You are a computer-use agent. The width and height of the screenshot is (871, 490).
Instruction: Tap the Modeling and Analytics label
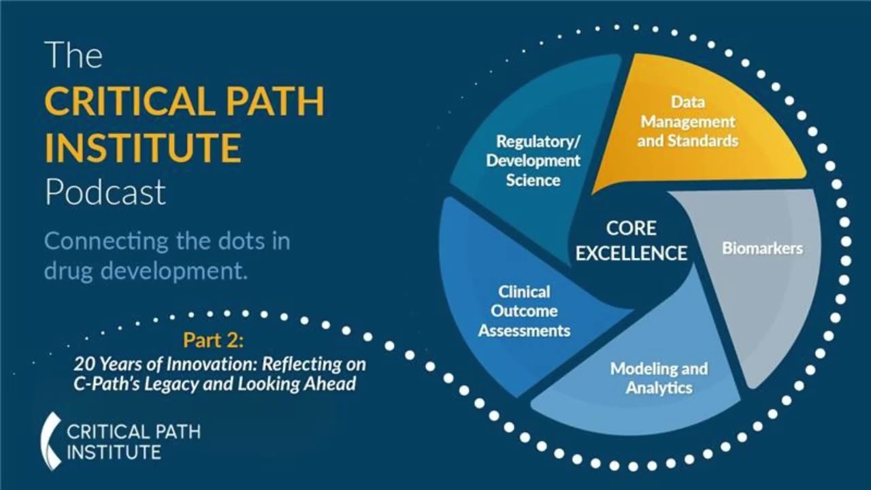659,378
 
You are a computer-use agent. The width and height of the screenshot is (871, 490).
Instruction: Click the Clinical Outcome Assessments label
524,311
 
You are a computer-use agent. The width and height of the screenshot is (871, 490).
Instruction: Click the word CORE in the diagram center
631,229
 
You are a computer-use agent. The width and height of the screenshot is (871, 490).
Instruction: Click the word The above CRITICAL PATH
73,56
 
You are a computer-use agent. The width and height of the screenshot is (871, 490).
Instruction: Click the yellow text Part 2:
208,340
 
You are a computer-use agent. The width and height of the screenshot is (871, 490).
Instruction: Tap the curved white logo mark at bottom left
51,440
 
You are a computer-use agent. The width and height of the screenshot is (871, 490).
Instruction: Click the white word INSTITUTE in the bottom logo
114,452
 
